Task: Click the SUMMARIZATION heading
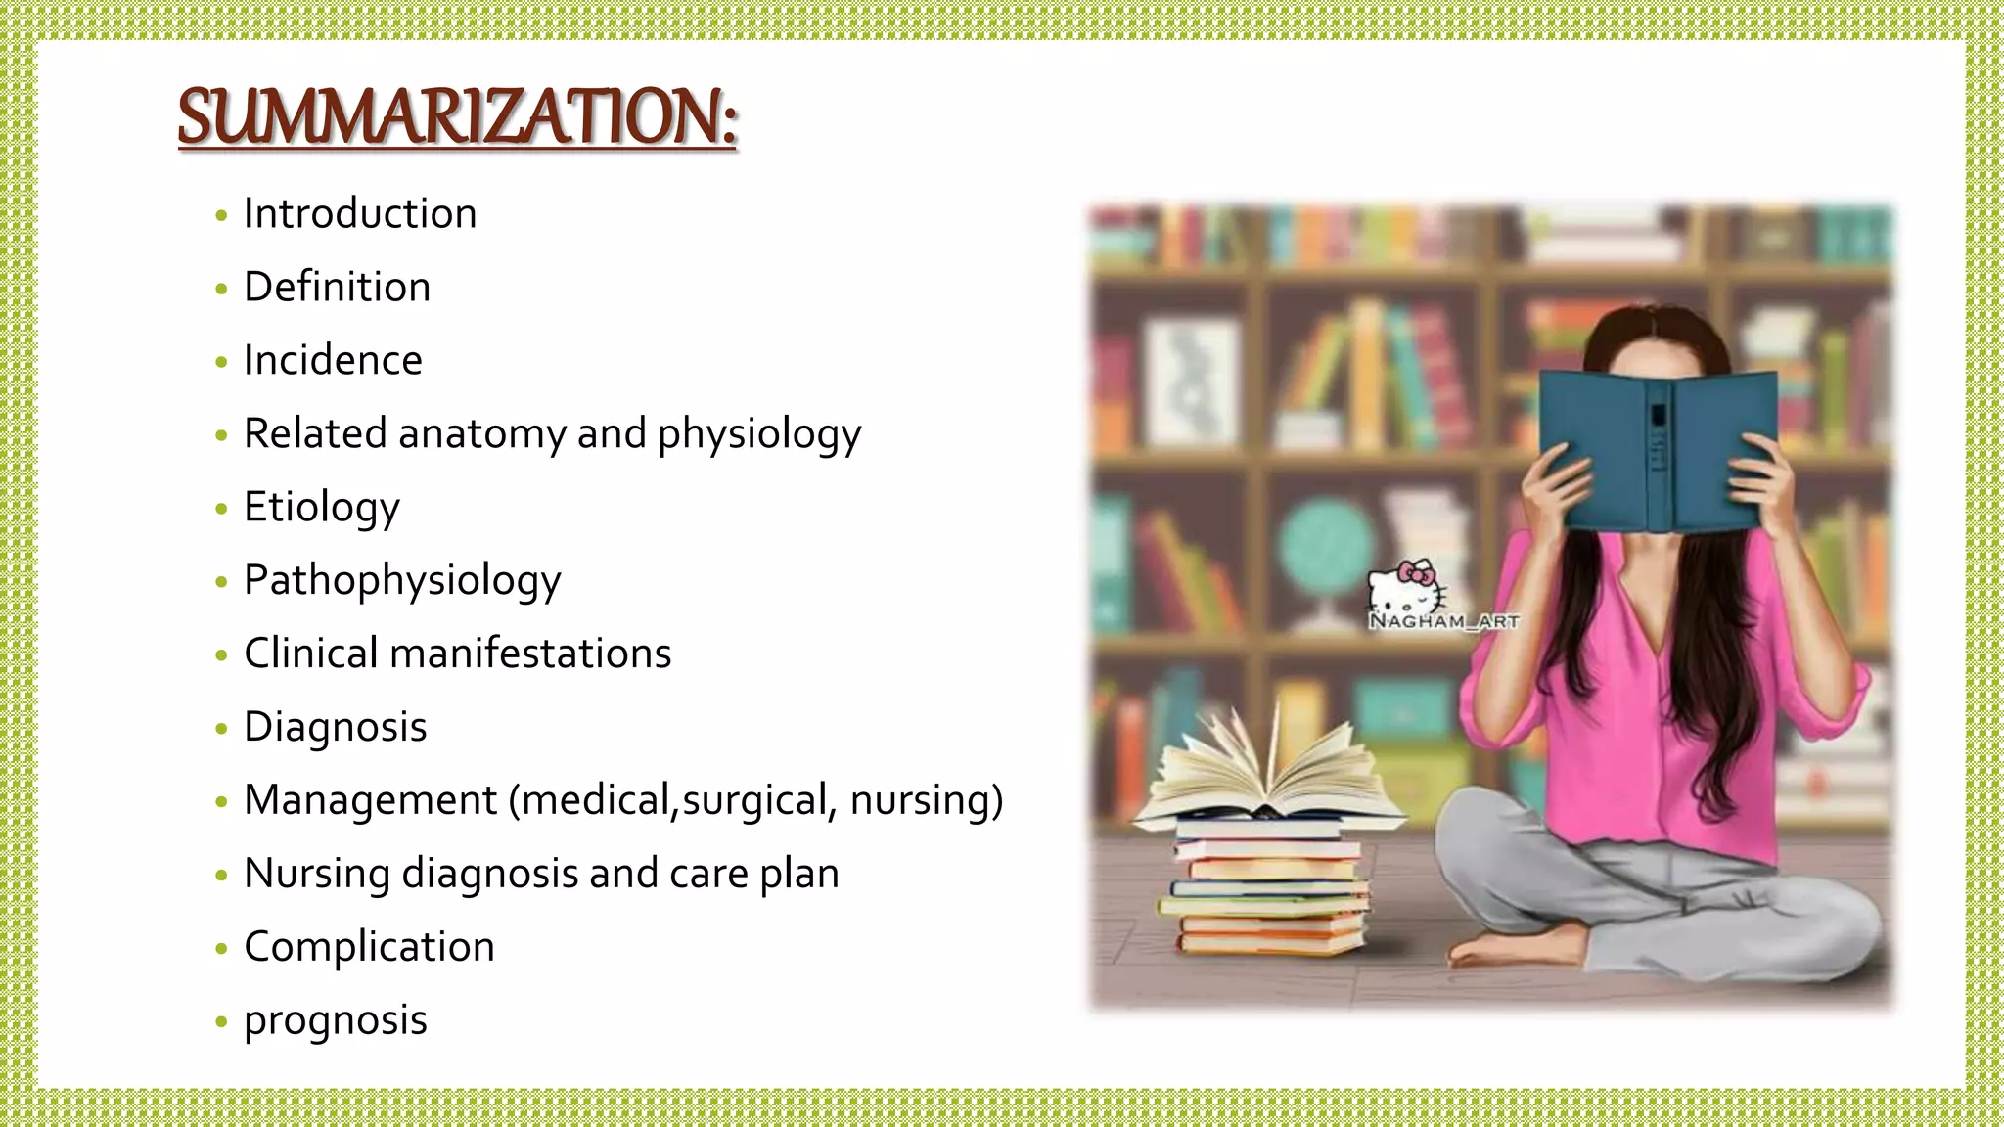457,117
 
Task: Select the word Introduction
360,214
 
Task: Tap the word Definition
337,288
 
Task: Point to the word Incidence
333,361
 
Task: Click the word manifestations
530,654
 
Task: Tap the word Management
371,800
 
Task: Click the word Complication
369,947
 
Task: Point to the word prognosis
336,1021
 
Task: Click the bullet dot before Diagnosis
221,728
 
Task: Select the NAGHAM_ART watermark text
1443,621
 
